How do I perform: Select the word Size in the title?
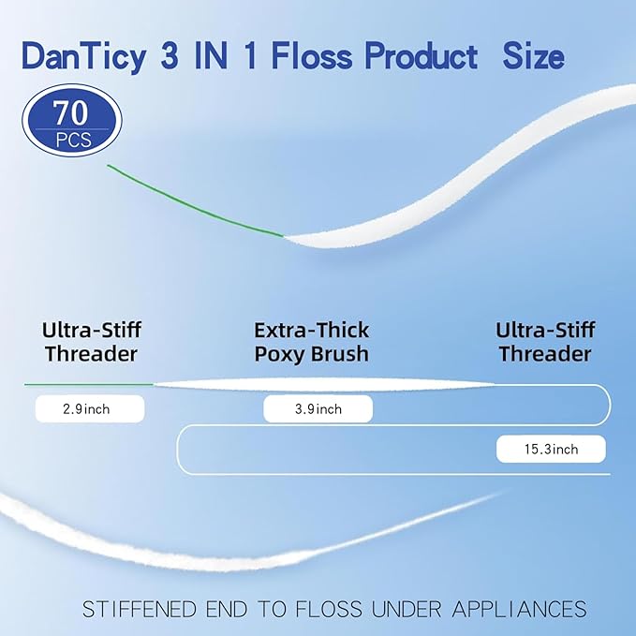(532, 57)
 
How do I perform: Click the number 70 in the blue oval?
(71, 114)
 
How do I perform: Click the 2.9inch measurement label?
(90, 408)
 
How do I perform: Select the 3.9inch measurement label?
(318, 409)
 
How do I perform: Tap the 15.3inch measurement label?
(551, 450)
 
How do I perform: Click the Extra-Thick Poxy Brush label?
(311, 342)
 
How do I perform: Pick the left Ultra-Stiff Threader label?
(90, 342)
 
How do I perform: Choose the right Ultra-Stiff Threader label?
(544, 342)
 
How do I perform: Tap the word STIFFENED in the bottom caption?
(141, 610)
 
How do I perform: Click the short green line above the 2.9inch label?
(88, 384)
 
